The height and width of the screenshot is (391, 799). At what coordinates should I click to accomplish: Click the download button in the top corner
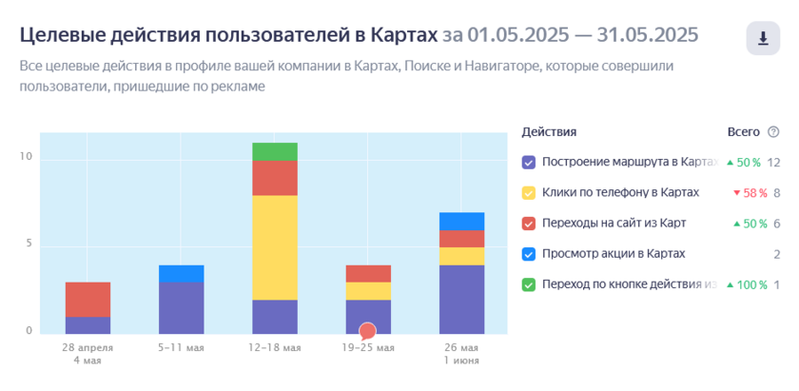[x=763, y=38]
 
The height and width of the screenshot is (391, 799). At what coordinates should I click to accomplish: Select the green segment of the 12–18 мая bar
[x=275, y=152]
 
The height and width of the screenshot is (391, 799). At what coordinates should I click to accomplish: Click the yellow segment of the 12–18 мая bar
[x=275, y=247]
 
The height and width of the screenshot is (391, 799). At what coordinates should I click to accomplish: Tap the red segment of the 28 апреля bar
[x=88, y=300]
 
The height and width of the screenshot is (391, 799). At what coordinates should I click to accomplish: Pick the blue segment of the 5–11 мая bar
[x=182, y=274]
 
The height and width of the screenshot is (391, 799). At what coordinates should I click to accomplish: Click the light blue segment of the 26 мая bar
[x=461, y=222]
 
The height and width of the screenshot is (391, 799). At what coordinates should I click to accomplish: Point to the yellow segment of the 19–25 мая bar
[x=368, y=291]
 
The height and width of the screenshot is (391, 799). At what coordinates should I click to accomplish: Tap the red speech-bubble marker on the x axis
[x=367, y=331]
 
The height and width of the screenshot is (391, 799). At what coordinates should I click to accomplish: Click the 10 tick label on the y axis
[x=26, y=157]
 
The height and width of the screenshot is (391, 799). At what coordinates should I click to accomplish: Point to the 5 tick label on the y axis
[x=29, y=244]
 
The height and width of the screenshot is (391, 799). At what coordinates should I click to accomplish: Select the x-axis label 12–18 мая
[x=275, y=348]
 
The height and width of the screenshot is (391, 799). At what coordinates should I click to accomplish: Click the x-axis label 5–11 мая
[x=182, y=348]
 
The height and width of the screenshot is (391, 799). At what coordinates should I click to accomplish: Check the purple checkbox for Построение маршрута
[x=529, y=163]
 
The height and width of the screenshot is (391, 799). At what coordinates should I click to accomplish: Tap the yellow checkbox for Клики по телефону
[x=529, y=193]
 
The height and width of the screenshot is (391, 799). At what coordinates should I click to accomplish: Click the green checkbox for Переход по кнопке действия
[x=529, y=285]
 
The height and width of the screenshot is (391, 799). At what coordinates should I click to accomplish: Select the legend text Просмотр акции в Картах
[x=614, y=254]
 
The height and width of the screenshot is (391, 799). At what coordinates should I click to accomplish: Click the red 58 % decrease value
[x=750, y=193]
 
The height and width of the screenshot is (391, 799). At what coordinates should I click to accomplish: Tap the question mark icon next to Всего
[x=773, y=132]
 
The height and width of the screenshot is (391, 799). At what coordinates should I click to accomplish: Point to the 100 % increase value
[x=747, y=285]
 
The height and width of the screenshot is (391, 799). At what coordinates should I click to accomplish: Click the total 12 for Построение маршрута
[x=774, y=163]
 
